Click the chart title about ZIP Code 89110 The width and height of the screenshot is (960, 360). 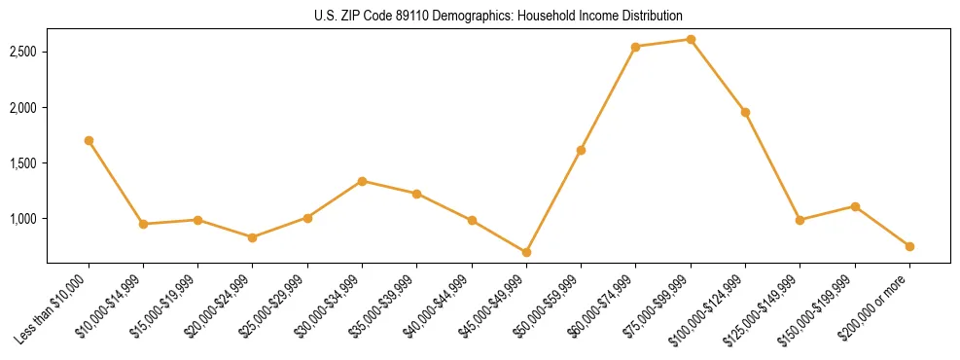click(x=498, y=17)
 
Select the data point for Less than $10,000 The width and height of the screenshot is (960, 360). click(x=89, y=140)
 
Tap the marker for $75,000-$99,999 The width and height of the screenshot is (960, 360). click(x=691, y=39)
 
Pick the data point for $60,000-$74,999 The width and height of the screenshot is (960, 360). click(x=635, y=47)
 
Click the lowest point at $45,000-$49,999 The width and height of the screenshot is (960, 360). click(x=526, y=252)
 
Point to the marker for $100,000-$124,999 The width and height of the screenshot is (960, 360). click(x=745, y=112)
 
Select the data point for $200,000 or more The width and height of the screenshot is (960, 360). click(x=909, y=246)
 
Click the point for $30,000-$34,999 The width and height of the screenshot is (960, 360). click(x=362, y=181)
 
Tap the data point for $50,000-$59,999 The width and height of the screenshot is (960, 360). click(x=581, y=150)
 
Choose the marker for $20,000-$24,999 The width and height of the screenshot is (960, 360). click(x=253, y=237)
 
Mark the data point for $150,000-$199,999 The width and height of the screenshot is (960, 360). click(x=855, y=206)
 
